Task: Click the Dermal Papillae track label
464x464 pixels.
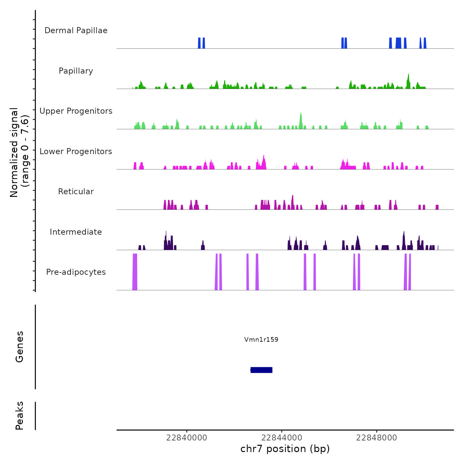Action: (x=76, y=30)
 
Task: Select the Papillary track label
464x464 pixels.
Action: (x=76, y=71)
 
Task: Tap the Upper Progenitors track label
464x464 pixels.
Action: (x=76, y=111)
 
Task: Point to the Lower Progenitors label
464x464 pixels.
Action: (x=76, y=151)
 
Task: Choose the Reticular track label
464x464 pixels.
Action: (x=76, y=192)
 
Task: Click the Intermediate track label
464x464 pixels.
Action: (x=76, y=232)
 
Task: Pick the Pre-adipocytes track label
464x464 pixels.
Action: (x=76, y=272)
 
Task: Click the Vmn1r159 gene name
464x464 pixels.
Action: (x=261, y=339)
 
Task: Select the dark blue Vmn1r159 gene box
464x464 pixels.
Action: (x=261, y=370)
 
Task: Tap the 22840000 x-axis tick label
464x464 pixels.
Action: (x=187, y=438)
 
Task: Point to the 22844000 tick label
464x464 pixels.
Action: (x=282, y=438)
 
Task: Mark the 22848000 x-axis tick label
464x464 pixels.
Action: (x=377, y=438)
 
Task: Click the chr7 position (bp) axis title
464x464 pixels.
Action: (x=285, y=449)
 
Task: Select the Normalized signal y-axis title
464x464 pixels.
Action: (x=19, y=152)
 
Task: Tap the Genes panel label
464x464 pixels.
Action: (x=20, y=347)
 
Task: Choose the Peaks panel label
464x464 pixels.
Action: (x=20, y=416)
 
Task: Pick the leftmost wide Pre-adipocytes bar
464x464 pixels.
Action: (x=135, y=272)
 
